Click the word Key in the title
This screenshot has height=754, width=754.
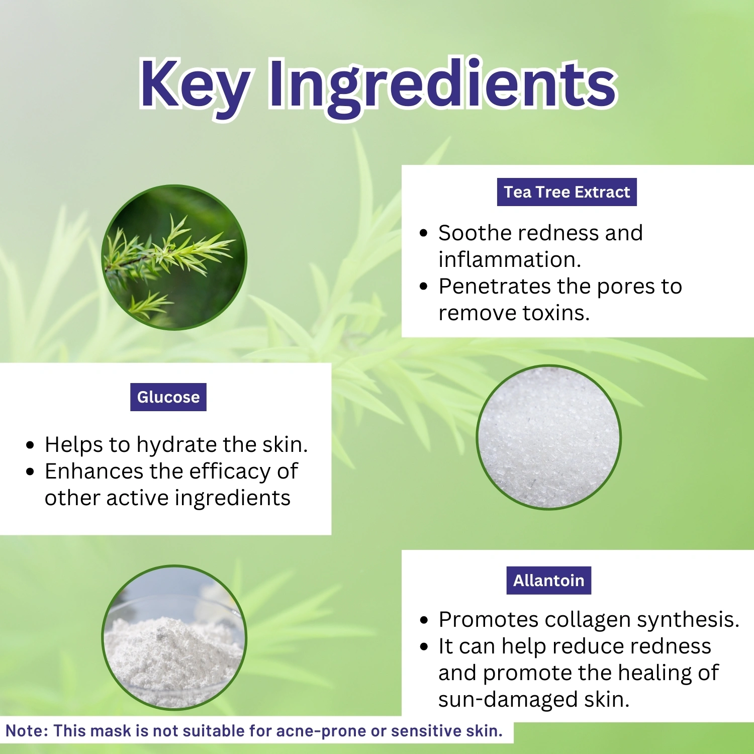195,86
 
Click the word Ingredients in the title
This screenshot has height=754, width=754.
443,86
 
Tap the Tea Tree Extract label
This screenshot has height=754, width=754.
567,192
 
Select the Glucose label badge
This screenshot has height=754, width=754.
168,397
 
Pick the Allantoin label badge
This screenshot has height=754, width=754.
549,581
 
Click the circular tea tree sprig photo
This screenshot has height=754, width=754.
174,257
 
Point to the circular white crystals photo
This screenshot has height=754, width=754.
549,437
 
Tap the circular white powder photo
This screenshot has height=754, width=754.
174,637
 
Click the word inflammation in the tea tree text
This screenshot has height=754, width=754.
509,259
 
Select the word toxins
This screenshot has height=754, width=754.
556,313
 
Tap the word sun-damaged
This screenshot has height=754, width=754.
508,700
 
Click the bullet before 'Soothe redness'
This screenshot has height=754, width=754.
424,233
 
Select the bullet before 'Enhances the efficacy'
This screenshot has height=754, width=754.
30,472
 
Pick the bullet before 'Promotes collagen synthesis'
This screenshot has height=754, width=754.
424,620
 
